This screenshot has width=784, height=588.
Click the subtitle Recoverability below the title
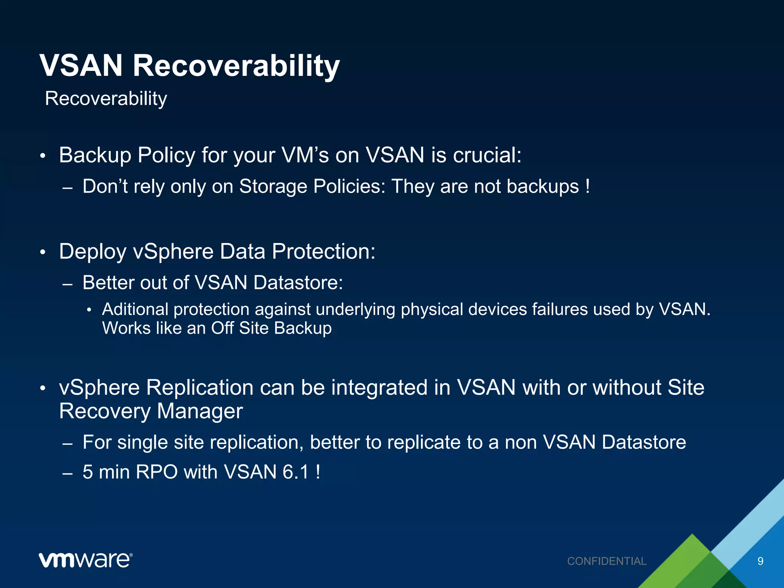(x=106, y=99)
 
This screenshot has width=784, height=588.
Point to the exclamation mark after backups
(x=587, y=187)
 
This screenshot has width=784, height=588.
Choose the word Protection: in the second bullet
(x=323, y=252)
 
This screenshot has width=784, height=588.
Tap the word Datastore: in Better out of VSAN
(x=298, y=283)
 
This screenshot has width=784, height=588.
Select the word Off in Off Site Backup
(x=222, y=328)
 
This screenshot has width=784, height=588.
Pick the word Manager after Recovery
(x=200, y=412)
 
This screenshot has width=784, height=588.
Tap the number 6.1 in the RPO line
(x=296, y=472)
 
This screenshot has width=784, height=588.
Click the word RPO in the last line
(x=157, y=472)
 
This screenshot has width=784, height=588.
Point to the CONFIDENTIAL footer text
(x=606, y=561)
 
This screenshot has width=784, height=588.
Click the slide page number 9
(x=760, y=561)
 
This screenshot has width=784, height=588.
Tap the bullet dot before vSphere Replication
(x=43, y=389)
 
